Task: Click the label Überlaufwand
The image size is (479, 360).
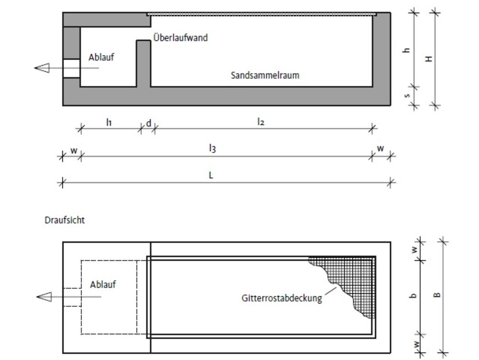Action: pyautogui.click(x=180, y=37)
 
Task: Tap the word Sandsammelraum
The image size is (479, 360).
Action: pyautogui.click(x=265, y=75)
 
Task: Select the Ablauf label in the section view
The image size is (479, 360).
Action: pyautogui.click(x=101, y=57)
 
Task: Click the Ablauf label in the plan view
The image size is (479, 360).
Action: pyautogui.click(x=103, y=285)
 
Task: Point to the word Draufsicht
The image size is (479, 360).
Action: pyautogui.click(x=65, y=220)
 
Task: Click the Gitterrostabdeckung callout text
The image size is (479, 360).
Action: pyautogui.click(x=282, y=298)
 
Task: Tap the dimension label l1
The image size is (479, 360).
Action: pyautogui.click(x=109, y=122)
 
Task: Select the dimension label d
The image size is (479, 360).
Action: pyautogui.click(x=148, y=123)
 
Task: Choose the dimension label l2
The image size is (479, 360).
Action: pyautogui.click(x=260, y=122)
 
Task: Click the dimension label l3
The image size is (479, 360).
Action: pyautogui.click(x=212, y=148)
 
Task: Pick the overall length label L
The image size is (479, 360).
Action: pyautogui.click(x=211, y=175)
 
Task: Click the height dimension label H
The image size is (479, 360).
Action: pyautogui.click(x=429, y=58)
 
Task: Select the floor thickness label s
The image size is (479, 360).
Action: pyautogui.click(x=407, y=96)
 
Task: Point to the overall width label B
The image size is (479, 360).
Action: pyautogui.click(x=437, y=295)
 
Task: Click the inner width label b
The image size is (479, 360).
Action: pyautogui.click(x=413, y=295)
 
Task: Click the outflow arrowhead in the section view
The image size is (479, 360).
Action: pyautogui.click(x=42, y=68)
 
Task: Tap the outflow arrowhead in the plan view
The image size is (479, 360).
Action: pyautogui.click(x=44, y=297)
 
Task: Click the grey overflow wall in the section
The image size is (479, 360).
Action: pyautogui.click(x=143, y=63)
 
